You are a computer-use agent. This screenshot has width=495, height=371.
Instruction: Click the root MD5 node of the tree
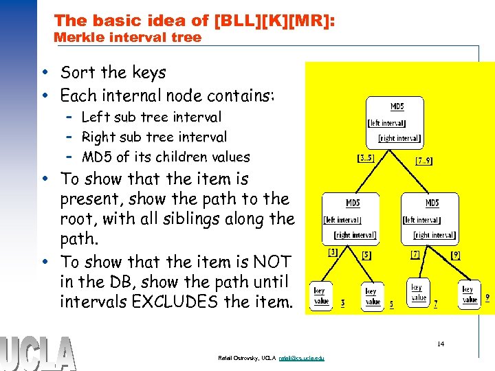[x=397, y=122]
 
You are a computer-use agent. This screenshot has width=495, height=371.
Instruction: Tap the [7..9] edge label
[x=424, y=161]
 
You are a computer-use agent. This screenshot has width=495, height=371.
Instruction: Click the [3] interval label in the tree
[x=333, y=252]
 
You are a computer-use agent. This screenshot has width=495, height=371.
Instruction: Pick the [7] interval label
[x=415, y=254]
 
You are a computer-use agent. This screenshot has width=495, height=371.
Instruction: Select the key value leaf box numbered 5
[x=371, y=296]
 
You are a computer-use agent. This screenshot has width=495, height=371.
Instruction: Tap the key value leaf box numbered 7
[x=418, y=293]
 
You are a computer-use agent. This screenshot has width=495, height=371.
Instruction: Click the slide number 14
[x=440, y=344]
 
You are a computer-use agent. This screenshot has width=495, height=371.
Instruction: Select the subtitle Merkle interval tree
[x=127, y=38]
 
